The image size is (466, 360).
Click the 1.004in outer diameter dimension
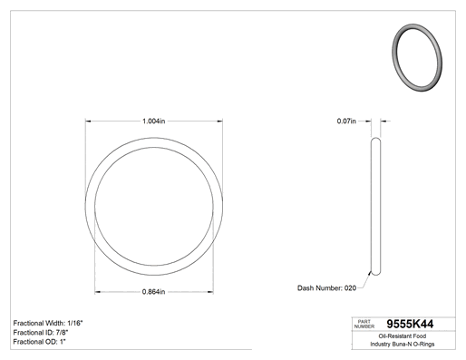pos(154,122)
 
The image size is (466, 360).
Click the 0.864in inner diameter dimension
pos(153,292)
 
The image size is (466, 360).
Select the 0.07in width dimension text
pos(346,122)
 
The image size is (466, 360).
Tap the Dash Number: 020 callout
pos(326,288)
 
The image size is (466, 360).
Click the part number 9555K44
pos(410,324)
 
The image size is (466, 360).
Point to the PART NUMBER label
pos(364,324)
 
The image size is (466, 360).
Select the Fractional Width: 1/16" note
pos(48,323)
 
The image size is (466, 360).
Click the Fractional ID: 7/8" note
pos(41,333)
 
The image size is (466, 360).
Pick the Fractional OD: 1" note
pos(40,342)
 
